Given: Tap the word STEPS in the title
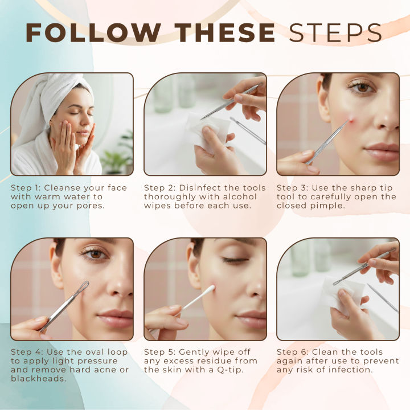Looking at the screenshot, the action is [x=335, y=32].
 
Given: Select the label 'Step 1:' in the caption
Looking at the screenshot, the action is [x=26, y=188].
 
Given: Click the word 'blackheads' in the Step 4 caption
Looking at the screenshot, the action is [x=38, y=379].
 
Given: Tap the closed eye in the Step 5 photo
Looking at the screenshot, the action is [x=235, y=260].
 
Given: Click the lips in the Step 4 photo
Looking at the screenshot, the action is [x=116, y=318].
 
